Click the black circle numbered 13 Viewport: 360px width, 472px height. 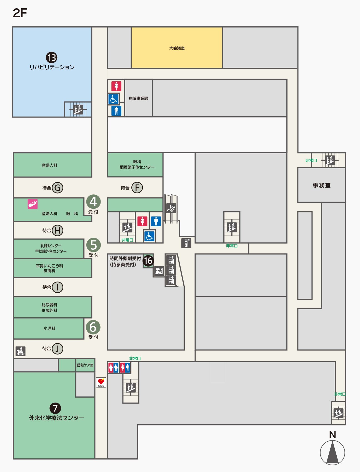(x=51, y=57)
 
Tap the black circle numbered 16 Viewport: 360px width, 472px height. (x=148, y=260)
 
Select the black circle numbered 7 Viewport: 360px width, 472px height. (x=55, y=408)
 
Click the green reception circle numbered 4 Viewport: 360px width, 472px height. (x=93, y=202)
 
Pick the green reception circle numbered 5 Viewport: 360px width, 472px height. (x=94, y=245)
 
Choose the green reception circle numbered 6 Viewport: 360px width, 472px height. (x=93, y=327)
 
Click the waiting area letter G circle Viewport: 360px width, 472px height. (x=57, y=188)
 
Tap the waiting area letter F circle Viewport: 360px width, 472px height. (x=137, y=188)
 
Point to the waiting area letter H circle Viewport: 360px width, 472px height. (x=57, y=230)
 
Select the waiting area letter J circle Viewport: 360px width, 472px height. (x=57, y=349)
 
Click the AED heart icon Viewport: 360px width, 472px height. (x=101, y=382)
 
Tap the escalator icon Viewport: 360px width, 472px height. (x=171, y=208)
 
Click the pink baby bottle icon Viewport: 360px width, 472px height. (x=32, y=204)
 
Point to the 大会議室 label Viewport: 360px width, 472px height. (x=177, y=48)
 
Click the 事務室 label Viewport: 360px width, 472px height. (x=321, y=185)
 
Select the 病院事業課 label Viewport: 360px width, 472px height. (x=138, y=98)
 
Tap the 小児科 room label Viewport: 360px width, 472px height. (x=49, y=328)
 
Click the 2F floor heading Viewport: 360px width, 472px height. (x=20, y=13)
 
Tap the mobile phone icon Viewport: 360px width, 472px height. (x=186, y=243)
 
